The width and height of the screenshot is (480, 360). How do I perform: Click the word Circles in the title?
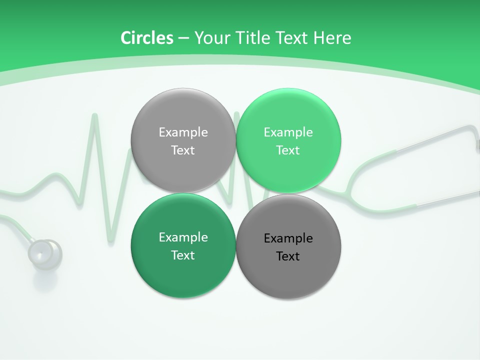pos(147,38)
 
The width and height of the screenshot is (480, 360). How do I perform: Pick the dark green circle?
pos(183,246)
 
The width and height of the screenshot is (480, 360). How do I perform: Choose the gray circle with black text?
pos(288,247)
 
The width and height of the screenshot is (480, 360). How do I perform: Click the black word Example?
pos(288,238)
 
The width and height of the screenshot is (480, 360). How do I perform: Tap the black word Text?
pos(288,256)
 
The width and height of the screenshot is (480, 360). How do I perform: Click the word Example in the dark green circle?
pos(183,237)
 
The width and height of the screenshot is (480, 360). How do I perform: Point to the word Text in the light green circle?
pos(288,150)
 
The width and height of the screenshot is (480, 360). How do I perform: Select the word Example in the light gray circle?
pos(183,132)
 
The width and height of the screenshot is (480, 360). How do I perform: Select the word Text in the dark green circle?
pos(183,255)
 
